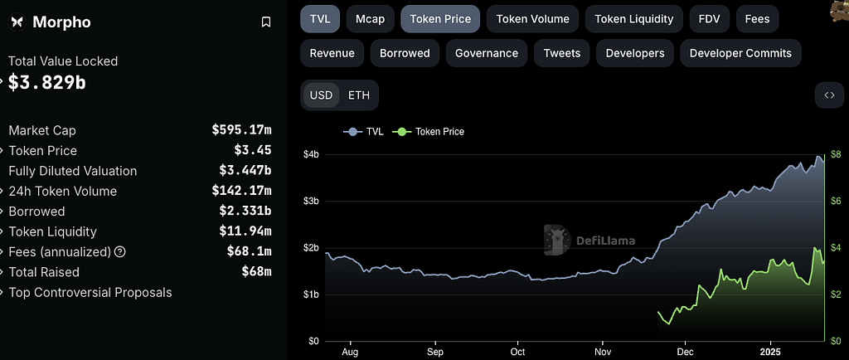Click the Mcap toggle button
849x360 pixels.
pyautogui.click(x=370, y=18)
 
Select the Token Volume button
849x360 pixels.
pyautogui.click(x=532, y=18)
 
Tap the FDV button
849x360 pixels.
pyautogui.click(x=709, y=18)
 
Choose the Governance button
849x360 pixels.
pyautogui.click(x=487, y=53)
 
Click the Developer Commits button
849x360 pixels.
pyautogui.click(x=740, y=53)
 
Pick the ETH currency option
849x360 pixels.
pyautogui.click(x=359, y=95)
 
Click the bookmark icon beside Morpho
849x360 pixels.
pyautogui.click(x=266, y=22)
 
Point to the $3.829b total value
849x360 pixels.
pyautogui.click(x=47, y=82)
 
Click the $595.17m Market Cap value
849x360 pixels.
pyautogui.click(x=241, y=130)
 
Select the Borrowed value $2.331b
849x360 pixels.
pyautogui.click(x=245, y=211)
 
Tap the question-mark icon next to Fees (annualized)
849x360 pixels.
pyautogui.click(x=120, y=251)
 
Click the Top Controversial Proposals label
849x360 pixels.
pyautogui.click(x=90, y=292)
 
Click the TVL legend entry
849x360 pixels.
pyautogui.click(x=366, y=131)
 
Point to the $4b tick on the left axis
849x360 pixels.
pyautogui.click(x=311, y=154)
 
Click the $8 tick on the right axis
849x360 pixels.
pyautogui.click(x=836, y=154)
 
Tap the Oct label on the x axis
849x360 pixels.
pyautogui.click(x=518, y=351)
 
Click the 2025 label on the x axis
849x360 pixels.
pyautogui.click(x=771, y=351)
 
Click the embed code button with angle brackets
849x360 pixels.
pyautogui.click(x=829, y=95)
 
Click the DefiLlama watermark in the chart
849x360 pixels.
pyautogui.click(x=589, y=241)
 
